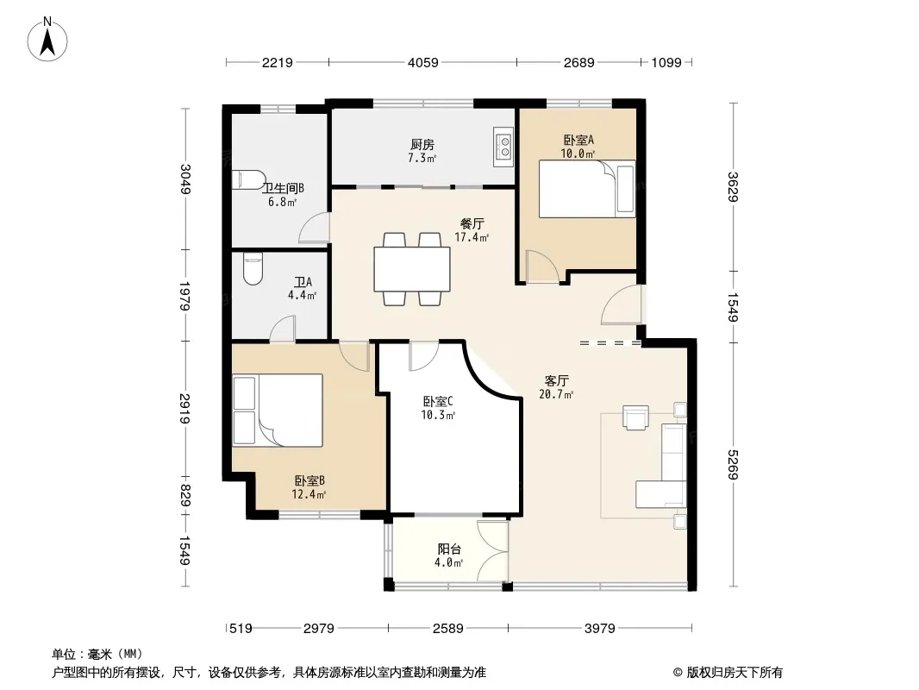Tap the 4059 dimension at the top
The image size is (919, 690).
click(422, 62)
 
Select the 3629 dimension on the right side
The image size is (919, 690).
click(732, 186)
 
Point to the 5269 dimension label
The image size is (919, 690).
click(732, 464)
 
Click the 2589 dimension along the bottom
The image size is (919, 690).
click(447, 629)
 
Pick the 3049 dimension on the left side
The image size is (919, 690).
click(185, 179)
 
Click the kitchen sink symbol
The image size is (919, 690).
click(503, 147)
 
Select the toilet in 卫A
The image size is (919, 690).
click(253, 268)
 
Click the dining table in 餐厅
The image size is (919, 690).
click(412, 269)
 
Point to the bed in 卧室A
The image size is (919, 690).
click(587, 189)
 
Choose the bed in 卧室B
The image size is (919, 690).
click(278, 411)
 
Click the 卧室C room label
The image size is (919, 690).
click(438, 402)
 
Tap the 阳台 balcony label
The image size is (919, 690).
click(449, 549)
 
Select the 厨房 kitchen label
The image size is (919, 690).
click(422, 144)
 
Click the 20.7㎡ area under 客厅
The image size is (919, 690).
click(556, 394)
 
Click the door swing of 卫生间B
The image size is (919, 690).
click(314, 228)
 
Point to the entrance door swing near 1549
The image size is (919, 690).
click(622, 304)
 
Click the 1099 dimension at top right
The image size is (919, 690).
click(666, 62)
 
